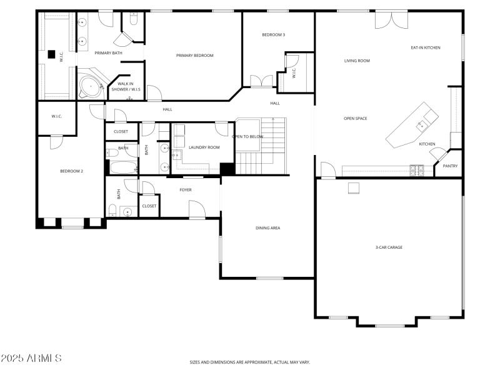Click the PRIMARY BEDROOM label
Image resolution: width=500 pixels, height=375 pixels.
[x=194, y=56]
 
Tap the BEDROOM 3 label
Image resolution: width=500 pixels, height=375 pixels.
[x=273, y=35]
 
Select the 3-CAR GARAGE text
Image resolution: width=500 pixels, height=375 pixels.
[x=389, y=247]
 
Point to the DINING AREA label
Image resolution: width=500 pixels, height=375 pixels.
[x=267, y=228]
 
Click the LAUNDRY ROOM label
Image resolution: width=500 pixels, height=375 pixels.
[x=204, y=147]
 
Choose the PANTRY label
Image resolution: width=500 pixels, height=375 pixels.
[x=450, y=166]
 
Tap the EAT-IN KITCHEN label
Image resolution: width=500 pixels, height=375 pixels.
[x=426, y=47]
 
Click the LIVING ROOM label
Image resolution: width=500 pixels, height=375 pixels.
[x=357, y=61]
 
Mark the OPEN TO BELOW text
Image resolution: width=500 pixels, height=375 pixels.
[x=247, y=136]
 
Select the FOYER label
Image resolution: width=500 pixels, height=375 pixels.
[x=186, y=190]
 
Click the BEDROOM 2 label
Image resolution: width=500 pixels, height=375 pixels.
[x=71, y=171]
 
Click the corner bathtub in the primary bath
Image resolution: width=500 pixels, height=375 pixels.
[x=91, y=85]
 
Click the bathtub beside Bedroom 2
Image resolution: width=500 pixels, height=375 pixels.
[x=123, y=167]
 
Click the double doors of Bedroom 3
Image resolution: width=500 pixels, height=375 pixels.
[x=261, y=81]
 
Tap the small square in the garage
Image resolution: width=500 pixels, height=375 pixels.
[x=354, y=188]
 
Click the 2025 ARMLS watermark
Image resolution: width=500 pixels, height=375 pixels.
[x=31, y=358]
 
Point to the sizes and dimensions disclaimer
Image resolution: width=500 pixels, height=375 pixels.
[x=250, y=362]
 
